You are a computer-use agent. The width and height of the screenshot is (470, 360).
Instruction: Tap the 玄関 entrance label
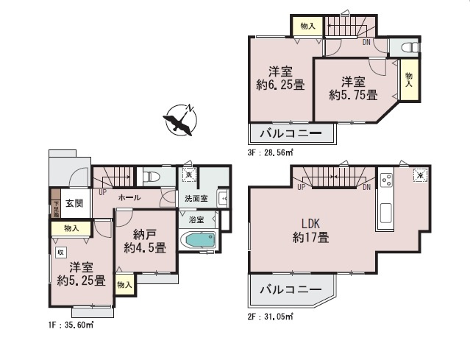[x=74, y=204]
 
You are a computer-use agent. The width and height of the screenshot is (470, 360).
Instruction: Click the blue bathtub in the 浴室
[x=198, y=241]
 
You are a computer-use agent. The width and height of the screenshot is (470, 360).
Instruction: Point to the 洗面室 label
[x=196, y=199]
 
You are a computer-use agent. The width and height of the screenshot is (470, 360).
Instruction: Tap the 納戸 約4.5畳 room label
[x=144, y=240]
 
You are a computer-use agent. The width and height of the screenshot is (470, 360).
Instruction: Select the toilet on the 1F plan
[x=151, y=177]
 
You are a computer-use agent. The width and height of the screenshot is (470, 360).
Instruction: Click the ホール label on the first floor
[x=130, y=198]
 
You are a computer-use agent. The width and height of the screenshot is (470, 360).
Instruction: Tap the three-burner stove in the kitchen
[x=387, y=179]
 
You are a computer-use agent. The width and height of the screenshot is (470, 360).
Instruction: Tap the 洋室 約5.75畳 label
[x=353, y=88]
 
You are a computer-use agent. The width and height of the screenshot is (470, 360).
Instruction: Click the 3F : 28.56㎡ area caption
[x=271, y=152]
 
